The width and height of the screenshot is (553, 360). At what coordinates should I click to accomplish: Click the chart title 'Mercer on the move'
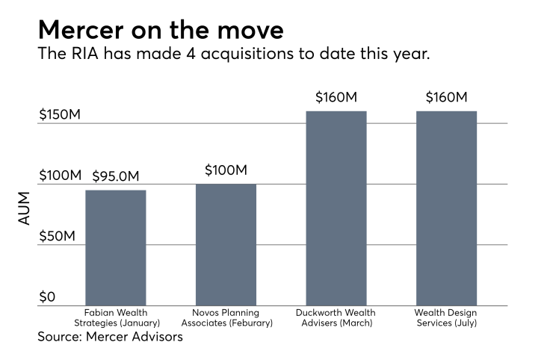point(161,30)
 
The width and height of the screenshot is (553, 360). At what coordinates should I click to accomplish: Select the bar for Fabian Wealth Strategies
point(115,248)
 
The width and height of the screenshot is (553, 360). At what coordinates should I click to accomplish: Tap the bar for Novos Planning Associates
point(226,245)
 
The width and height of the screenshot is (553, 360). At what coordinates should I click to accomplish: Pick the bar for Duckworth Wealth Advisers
point(336,208)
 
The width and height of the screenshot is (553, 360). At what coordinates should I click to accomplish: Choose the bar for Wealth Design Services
point(446,208)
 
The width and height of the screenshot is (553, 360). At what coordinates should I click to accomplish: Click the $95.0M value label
point(116,177)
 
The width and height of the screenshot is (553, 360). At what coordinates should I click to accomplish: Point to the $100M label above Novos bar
point(226,170)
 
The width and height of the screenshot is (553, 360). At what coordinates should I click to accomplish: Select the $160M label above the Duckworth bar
point(336,98)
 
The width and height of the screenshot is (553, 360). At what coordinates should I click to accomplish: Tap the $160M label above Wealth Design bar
point(446,98)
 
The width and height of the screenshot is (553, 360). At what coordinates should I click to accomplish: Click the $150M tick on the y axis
point(60,115)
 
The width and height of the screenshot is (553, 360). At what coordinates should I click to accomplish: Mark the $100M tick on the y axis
point(60,176)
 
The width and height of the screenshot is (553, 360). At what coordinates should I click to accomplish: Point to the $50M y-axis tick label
point(57,237)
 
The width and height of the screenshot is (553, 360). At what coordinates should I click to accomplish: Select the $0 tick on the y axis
point(46,297)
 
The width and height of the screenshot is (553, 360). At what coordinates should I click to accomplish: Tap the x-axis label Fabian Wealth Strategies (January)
point(115,317)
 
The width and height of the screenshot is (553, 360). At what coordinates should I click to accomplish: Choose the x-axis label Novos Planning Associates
point(226,317)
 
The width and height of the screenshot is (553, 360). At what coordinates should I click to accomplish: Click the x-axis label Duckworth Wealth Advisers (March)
point(336,317)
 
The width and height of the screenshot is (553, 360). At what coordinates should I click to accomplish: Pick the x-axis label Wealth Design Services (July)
point(446,317)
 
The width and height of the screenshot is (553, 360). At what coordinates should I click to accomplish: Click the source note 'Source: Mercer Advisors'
point(110,337)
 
